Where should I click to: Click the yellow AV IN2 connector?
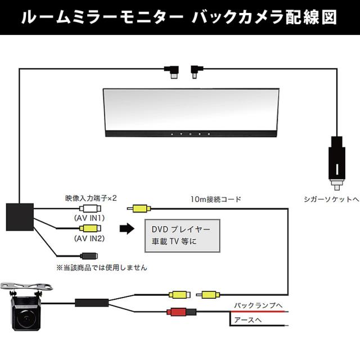[x=89, y=228]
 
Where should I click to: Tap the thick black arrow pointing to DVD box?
[x=128, y=229]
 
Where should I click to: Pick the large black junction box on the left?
[x=20, y=216]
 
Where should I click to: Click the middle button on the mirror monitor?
[x=191, y=134]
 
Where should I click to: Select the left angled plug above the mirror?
[x=172, y=70]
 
